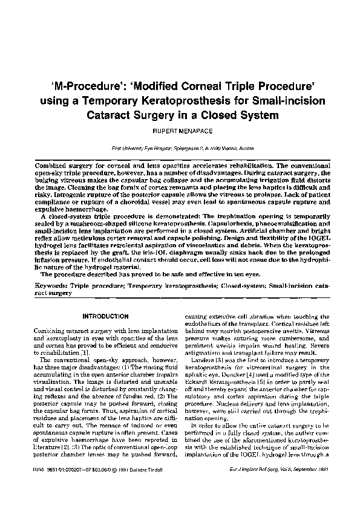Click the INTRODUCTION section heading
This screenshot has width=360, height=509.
pos(102,316)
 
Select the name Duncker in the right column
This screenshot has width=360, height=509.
pos(228,374)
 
